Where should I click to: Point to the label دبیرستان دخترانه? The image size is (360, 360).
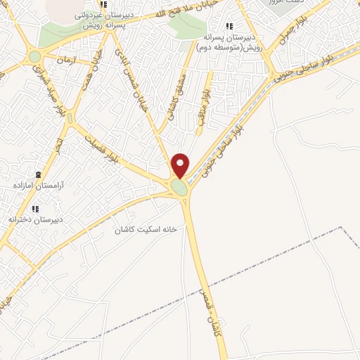(36, 219)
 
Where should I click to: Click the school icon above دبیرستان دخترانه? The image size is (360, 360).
(36, 208)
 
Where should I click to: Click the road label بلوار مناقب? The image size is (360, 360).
(205, 106)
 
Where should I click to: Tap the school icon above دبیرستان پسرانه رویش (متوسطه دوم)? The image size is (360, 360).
(229, 27)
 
